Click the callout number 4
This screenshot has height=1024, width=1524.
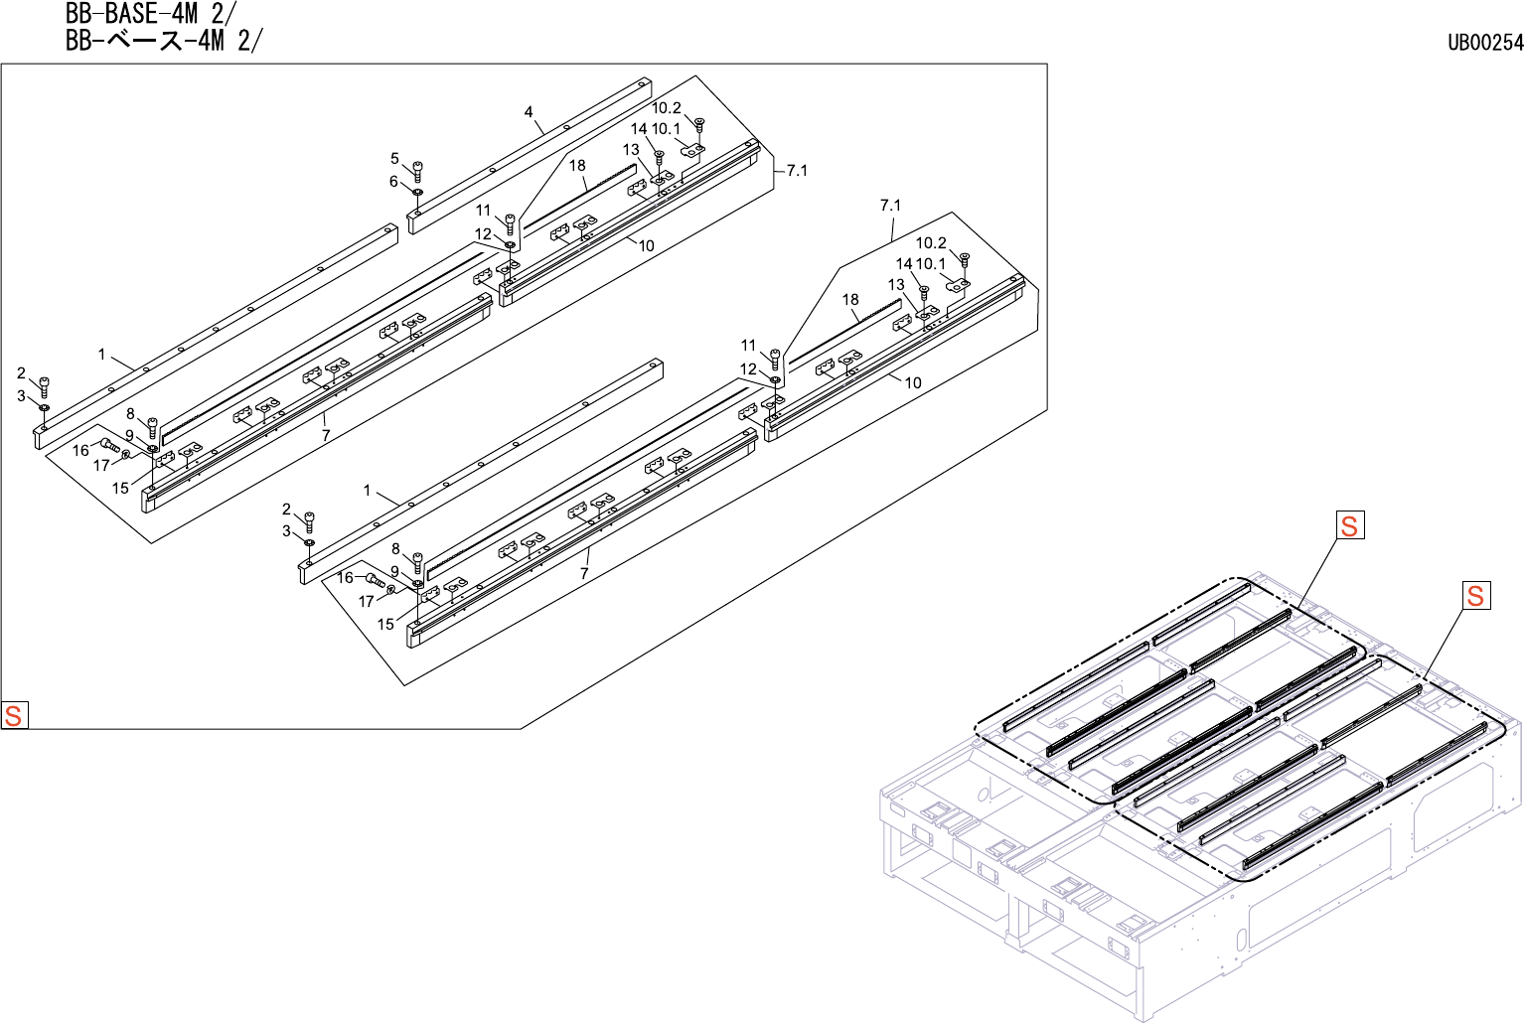529,112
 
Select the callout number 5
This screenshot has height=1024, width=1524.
394,159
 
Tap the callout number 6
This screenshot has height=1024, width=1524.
393,182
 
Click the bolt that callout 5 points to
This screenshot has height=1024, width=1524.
417,170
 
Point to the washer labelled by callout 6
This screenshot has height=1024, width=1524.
417,192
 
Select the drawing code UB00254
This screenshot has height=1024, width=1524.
1484,42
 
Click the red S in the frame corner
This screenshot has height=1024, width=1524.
14,715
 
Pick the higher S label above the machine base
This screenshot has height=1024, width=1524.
1349,525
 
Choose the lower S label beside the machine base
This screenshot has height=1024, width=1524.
1475,595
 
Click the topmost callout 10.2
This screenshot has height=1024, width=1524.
667,108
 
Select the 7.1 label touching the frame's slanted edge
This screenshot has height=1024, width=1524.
797,171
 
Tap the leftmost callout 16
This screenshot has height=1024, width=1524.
80,450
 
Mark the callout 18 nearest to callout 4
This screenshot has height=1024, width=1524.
577,166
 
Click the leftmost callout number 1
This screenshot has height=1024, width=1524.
101,355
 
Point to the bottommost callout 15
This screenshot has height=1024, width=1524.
385,624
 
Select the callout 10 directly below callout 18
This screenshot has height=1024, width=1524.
646,245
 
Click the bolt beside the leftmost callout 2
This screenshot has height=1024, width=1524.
44,385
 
